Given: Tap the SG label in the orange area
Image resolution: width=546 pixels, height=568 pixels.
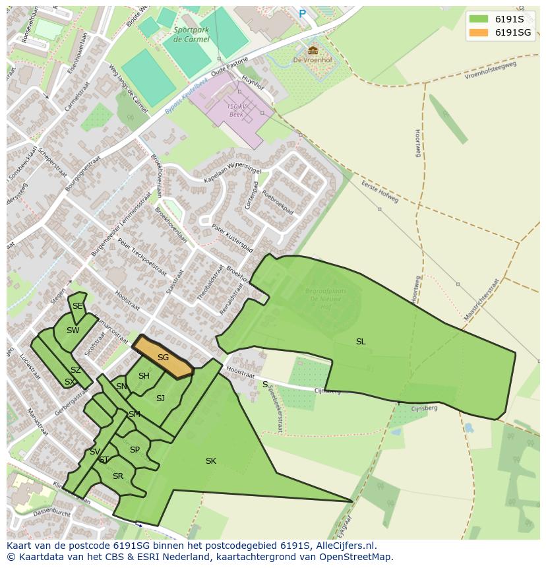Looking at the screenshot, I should [x=163, y=358].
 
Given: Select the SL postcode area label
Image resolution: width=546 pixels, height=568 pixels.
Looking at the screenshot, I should [x=361, y=342].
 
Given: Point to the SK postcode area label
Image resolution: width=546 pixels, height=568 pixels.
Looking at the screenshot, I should [x=211, y=461].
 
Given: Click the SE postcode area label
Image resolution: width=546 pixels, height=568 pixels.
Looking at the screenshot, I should [x=78, y=306].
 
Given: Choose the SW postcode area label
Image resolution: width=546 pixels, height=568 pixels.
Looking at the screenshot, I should [x=73, y=331].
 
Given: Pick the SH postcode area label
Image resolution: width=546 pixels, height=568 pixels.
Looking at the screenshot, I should [x=144, y=376].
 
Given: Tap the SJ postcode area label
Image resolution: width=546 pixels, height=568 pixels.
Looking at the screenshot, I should [x=160, y=398].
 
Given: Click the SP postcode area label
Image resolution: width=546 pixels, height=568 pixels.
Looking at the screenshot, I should [x=135, y=450].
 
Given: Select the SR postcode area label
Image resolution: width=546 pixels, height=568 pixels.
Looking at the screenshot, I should [x=118, y=476].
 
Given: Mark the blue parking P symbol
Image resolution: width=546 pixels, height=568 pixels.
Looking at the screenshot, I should [x=303, y=14].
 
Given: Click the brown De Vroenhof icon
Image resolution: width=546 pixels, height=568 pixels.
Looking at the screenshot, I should [x=313, y=50].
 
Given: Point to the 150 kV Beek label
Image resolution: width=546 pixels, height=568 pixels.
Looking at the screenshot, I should [x=235, y=110].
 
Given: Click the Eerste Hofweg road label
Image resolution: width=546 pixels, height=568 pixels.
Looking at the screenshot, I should [x=380, y=193].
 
